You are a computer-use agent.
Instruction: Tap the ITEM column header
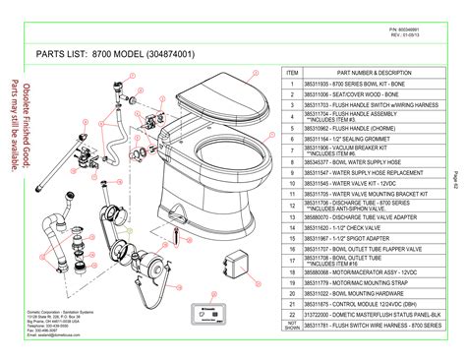(x=292, y=73)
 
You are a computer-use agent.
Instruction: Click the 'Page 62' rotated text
(x=455, y=180)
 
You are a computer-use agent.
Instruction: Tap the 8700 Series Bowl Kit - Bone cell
(x=351, y=85)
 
